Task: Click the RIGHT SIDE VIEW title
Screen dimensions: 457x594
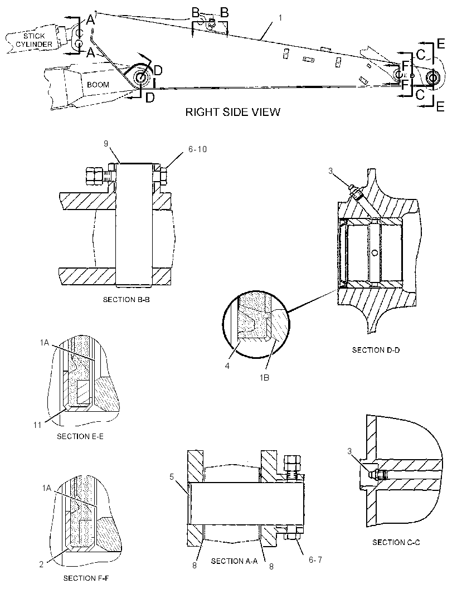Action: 232,112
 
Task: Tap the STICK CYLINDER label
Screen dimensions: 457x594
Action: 34,40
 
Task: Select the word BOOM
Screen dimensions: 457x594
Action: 98,85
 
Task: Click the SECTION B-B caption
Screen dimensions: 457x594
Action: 126,300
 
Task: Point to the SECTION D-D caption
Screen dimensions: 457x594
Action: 376,350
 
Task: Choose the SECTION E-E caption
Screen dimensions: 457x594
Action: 80,436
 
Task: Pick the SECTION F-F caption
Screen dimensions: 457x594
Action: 86,578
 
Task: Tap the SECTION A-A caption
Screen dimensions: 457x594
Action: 234,561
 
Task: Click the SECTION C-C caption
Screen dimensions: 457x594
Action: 396,543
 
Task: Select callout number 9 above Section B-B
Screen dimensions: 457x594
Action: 106,144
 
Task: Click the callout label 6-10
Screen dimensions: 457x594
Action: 197,149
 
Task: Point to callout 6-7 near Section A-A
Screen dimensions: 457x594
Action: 315,559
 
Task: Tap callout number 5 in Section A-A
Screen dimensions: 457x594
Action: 172,476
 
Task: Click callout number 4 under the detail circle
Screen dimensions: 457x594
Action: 227,366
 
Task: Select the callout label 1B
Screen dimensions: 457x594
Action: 265,378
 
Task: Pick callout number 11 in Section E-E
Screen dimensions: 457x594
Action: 37,425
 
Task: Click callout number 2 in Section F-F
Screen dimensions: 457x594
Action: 41,564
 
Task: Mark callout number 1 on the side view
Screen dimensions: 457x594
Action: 280,18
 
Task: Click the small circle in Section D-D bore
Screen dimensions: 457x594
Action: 375,252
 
